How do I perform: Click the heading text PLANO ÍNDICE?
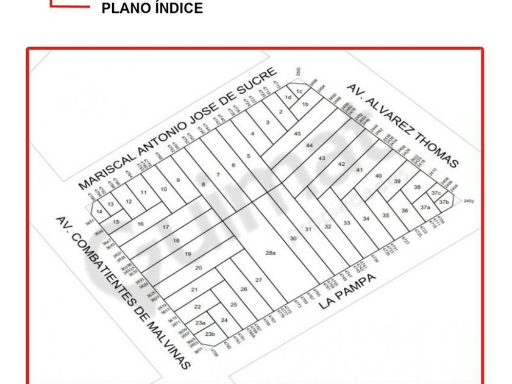click(x=152, y=9)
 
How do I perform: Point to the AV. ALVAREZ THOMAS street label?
click(x=402, y=126)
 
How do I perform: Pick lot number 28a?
click(x=271, y=252)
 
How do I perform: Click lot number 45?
click(x=297, y=133)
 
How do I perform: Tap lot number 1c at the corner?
click(x=299, y=91)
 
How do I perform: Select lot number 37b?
click(x=444, y=202)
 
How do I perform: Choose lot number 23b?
click(x=210, y=334)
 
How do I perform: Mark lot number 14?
click(x=99, y=211)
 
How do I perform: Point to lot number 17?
click(x=165, y=227)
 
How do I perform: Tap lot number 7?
click(x=218, y=175)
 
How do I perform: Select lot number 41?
click(x=360, y=169)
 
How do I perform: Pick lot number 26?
click(x=244, y=289)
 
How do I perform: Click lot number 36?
click(x=404, y=210)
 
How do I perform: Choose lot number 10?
click(x=163, y=190)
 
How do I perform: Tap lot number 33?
click(x=346, y=223)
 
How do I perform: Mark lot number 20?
click(x=198, y=268)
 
